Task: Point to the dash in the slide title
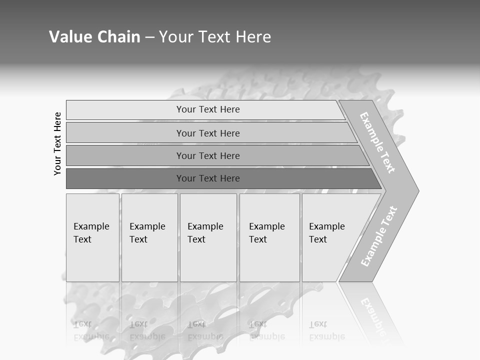(149, 37)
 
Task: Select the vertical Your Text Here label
(57, 143)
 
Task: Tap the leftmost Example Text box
(92, 237)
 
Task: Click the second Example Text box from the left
(149, 237)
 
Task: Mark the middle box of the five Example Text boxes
(208, 237)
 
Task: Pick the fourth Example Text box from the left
(269, 237)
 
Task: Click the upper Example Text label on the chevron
(377, 142)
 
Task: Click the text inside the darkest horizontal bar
(208, 178)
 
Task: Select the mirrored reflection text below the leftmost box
(91, 330)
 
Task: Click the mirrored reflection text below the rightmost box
(326, 330)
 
